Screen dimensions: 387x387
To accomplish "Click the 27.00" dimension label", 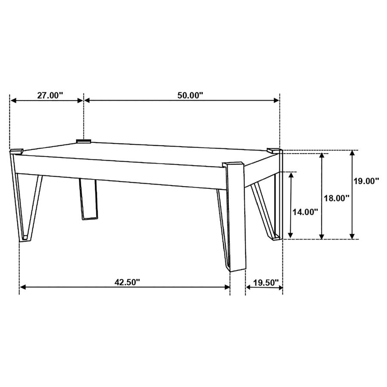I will (x=50, y=95).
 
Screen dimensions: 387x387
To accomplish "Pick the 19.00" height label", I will (x=366, y=181).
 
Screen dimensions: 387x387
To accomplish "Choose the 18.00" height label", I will (x=336, y=198).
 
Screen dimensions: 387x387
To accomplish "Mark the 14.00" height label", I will (x=305, y=212).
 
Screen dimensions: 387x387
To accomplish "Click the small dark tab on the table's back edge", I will (x=84, y=141).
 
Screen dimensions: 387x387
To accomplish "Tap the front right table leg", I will (x=236, y=219).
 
